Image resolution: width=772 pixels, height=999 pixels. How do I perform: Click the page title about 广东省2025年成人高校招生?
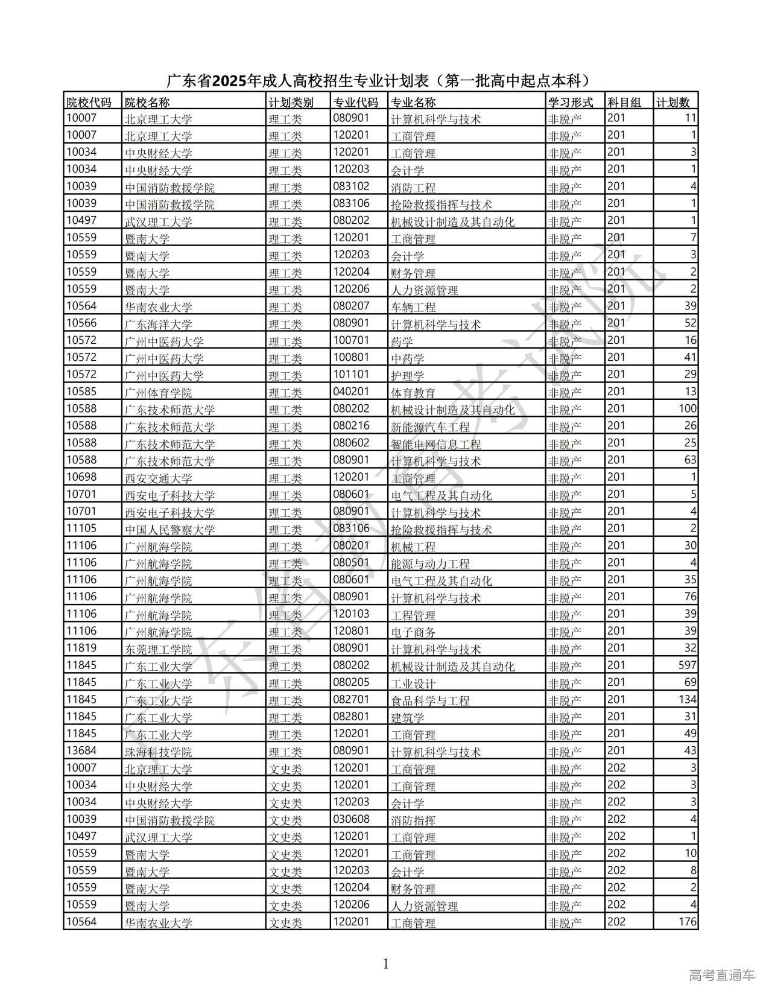378,81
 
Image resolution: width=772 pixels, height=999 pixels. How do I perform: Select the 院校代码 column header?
89,102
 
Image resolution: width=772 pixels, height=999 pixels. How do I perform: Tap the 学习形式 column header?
570,102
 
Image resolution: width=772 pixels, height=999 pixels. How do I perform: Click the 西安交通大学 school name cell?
159,478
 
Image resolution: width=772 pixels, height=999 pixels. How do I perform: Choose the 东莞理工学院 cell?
159,650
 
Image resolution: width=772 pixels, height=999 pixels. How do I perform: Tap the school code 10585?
81,392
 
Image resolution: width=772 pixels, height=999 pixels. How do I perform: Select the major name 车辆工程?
413,307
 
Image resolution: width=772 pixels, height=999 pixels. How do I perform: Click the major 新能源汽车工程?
430,427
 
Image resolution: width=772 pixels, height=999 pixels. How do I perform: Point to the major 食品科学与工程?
430,701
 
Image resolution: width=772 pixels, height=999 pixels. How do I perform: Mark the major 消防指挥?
413,820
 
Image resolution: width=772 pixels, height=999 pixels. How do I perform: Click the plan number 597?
687,665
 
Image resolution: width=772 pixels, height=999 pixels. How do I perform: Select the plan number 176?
687,922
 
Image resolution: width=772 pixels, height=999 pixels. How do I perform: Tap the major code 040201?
351,392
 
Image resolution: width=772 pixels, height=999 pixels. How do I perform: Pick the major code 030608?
351,819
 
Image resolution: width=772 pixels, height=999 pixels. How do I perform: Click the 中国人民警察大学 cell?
170,530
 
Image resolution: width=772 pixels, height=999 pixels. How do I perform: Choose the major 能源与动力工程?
430,564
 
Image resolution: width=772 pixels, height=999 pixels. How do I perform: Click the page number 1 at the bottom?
386,964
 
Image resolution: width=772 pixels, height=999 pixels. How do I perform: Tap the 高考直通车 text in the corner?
721,975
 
